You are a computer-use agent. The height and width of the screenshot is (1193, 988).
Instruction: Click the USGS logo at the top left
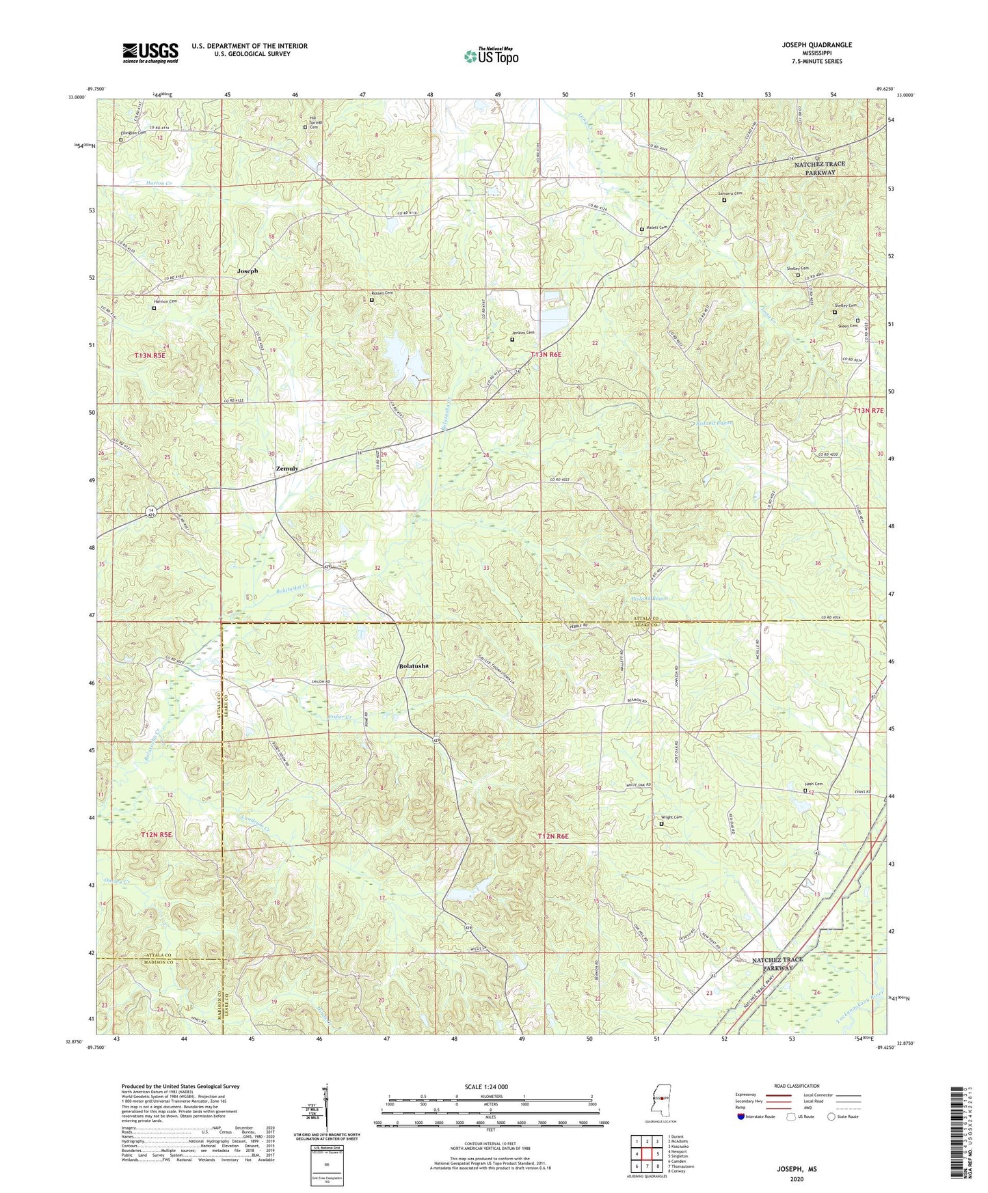coord(150,52)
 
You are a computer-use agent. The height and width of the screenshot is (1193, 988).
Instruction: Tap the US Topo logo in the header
coord(490,55)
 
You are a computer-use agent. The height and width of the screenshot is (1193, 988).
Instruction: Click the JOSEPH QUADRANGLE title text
coord(812,45)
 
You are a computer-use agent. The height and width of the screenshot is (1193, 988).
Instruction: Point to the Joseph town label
coord(248,271)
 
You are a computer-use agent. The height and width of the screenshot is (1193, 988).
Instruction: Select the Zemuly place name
coord(286,469)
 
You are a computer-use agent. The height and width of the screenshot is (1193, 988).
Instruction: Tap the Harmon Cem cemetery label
coord(164,301)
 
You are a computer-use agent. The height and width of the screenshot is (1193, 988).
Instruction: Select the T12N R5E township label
coord(157,834)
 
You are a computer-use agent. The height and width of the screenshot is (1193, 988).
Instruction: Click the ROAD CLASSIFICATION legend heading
coord(797,1086)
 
